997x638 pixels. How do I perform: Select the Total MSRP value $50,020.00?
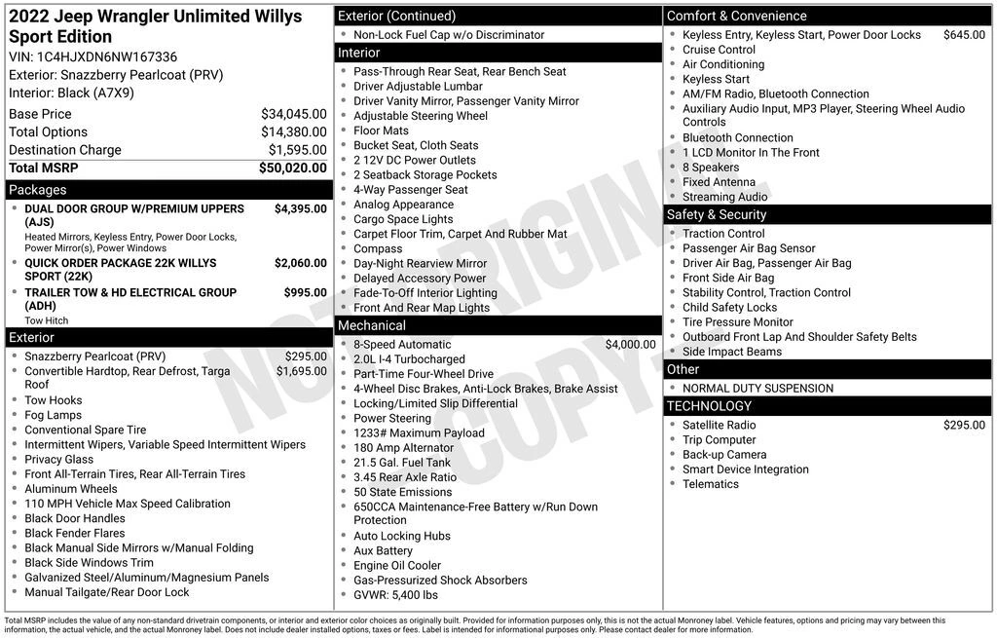tap(292, 169)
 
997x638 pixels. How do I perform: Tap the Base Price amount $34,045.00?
tap(293, 114)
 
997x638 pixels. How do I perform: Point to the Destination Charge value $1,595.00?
tap(297, 150)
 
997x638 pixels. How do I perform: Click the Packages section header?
tap(38, 190)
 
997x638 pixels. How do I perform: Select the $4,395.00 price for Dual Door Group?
tap(300, 209)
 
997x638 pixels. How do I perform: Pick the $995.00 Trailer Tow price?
tap(305, 293)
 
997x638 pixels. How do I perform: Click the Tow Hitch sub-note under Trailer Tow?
tap(47, 320)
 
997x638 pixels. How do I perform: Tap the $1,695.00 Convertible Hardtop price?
tap(301, 371)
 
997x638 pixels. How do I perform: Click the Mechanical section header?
tap(371, 325)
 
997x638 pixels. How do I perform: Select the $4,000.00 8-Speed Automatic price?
tap(630, 345)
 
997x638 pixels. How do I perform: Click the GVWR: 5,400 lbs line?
tap(395, 595)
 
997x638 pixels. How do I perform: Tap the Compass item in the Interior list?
tap(378, 248)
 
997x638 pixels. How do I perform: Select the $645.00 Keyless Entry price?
tap(964, 35)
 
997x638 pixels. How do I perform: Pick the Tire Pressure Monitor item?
tap(737, 322)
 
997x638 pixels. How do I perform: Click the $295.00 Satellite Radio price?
tap(964, 426)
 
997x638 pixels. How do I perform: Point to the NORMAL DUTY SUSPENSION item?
tap(757, 389)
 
